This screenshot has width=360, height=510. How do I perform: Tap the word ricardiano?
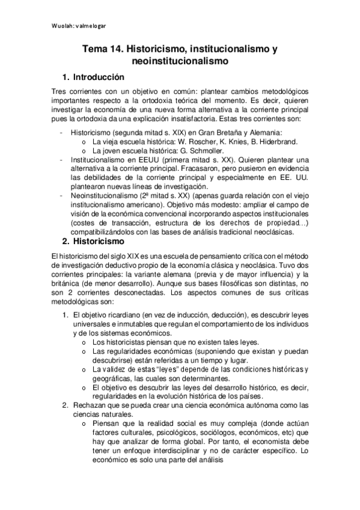click(124, 315)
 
